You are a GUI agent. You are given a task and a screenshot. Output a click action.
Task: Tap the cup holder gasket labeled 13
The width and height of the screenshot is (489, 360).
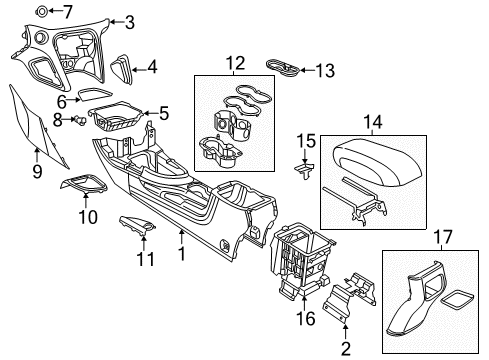pyautogui.click(x=287, y=67)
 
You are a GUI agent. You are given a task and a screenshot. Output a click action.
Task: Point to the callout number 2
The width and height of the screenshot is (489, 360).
pyautogui.click(x=345, y=349)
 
